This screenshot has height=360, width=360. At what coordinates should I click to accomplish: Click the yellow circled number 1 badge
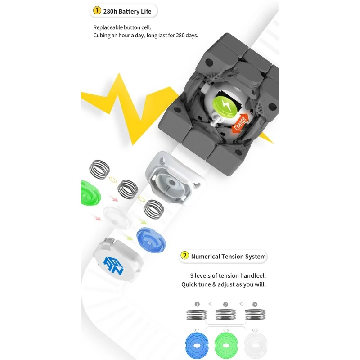pos(97,10)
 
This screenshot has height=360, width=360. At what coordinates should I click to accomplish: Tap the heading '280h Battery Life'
pos(127,11)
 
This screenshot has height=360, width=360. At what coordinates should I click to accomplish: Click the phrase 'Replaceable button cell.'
pos(122,27)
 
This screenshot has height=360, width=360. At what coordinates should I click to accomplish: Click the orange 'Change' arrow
pos(240,123)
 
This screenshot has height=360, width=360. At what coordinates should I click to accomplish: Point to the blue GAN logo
pos(113,265)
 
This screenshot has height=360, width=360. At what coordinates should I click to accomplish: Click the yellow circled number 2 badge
pos(184,255)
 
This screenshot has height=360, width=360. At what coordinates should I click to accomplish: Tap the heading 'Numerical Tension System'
pos(228,256)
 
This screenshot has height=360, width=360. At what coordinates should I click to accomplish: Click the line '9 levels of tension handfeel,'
pos(228,275)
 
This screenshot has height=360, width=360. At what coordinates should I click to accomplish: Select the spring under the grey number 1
pos(197,315)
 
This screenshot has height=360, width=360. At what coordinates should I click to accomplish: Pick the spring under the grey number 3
pos(255,315)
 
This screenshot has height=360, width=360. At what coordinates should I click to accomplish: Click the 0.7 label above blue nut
pos(197,330)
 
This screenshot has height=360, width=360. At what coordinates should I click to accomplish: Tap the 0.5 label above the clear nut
pos(255,330)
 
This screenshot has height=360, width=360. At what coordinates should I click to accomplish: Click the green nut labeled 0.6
pos(226,346)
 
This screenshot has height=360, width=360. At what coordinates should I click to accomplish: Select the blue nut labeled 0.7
pos(197,346)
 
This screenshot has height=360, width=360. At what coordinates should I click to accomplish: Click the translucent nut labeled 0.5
pos(256,346)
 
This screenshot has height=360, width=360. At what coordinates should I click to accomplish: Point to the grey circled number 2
pos(226,305)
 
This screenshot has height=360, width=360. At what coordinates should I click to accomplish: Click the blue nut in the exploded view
pos(151,240)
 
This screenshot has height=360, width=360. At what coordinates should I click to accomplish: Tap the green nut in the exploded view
pos(90,193)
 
